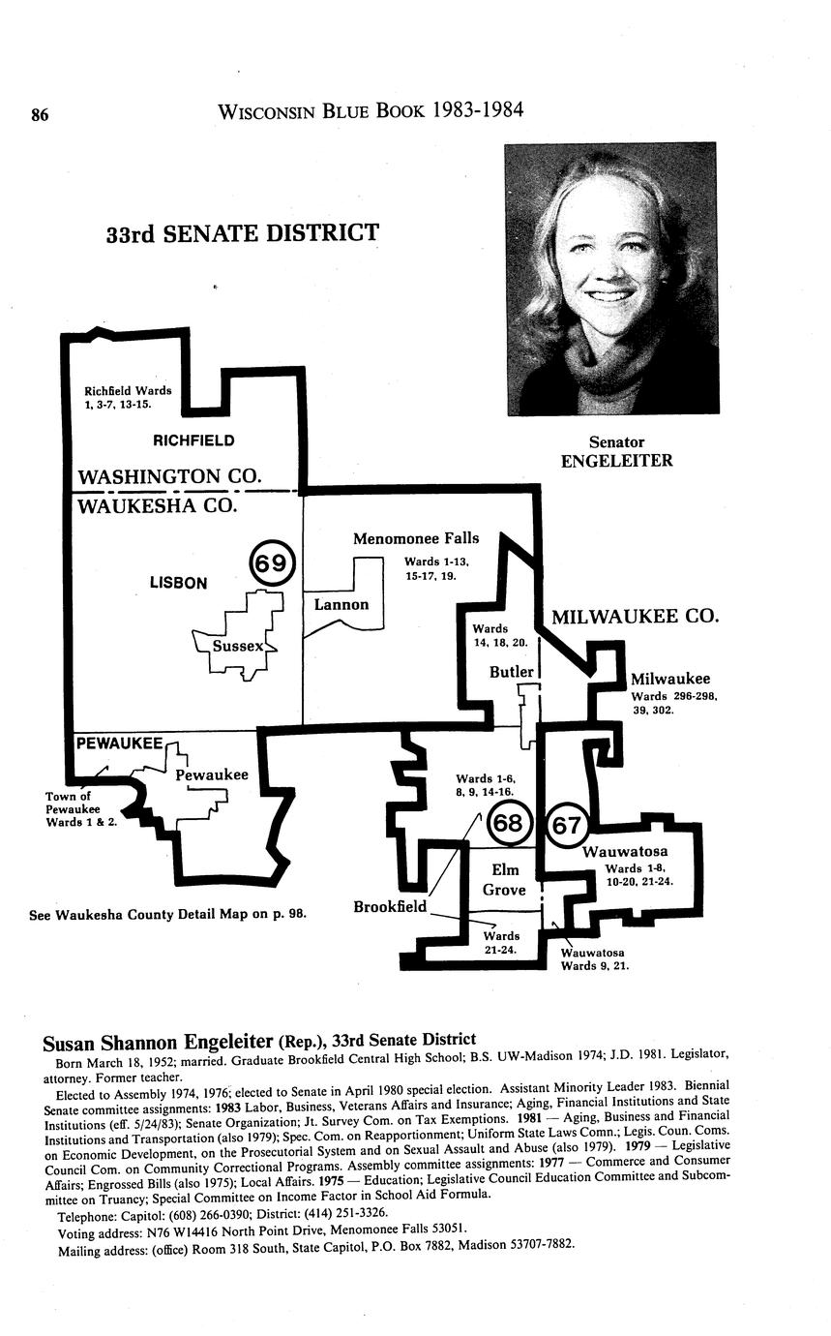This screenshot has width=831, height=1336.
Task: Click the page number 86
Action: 40,114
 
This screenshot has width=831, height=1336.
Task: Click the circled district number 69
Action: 272,563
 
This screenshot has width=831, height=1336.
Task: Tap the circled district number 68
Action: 508,824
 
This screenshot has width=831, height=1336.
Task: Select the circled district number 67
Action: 567,825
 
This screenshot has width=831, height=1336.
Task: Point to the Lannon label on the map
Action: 341,605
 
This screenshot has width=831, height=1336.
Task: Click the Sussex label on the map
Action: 238,646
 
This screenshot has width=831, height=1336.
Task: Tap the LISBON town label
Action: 178,583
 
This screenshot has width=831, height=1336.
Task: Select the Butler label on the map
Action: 512,672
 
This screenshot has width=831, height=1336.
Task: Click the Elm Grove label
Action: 504,880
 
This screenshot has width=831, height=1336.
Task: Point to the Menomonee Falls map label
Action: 416,538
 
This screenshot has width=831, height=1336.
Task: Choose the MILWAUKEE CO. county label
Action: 636,617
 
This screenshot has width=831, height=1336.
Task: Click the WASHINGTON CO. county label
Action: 170,476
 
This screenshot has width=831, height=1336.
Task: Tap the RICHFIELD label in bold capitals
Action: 193,440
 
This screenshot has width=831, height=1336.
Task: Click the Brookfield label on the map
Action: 390,907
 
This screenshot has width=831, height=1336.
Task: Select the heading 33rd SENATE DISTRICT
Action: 243,233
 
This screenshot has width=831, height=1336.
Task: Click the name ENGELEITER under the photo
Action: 617,461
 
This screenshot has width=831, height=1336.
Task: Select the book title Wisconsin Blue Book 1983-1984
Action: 371,110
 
